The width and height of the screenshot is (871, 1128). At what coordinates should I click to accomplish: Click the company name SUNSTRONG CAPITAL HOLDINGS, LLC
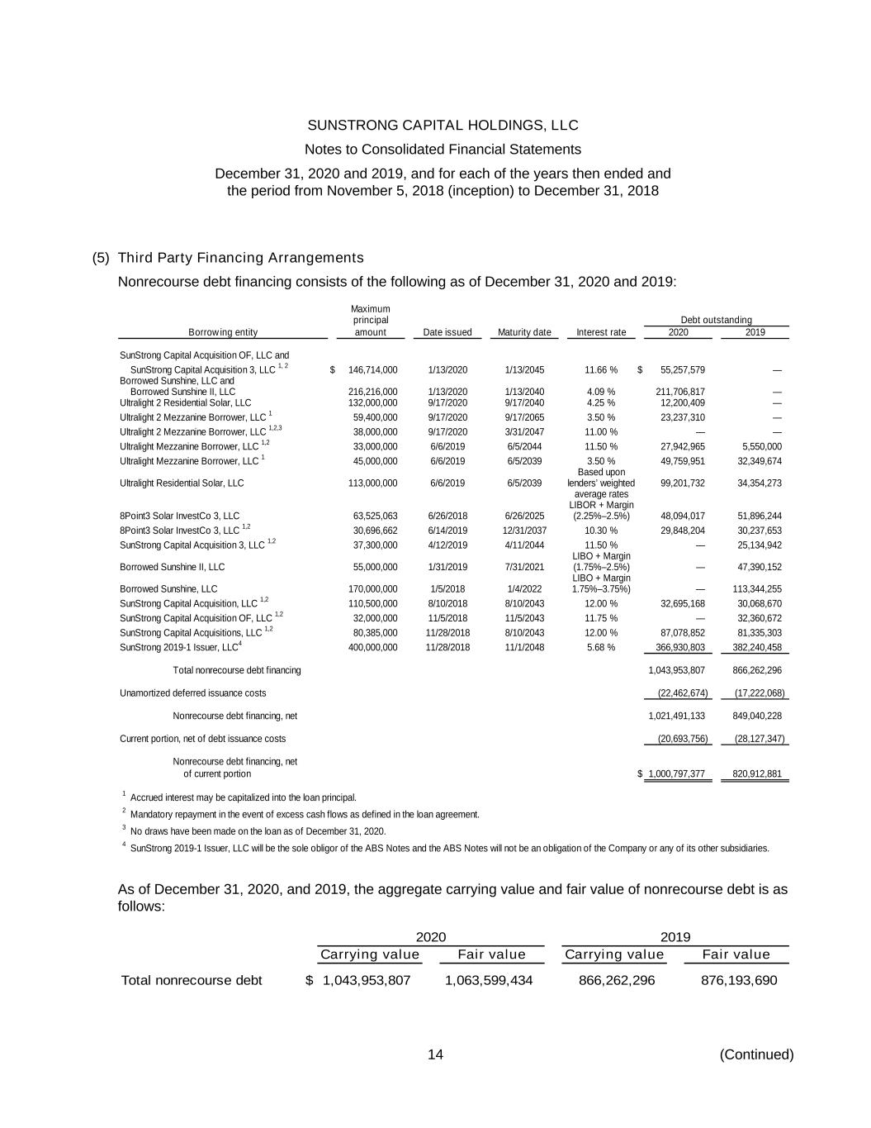(x=443, y=126)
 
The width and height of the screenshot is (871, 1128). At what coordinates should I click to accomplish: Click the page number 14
(x=435, y=1054)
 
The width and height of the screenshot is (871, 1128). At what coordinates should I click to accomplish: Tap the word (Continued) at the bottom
(x=756, y=1054)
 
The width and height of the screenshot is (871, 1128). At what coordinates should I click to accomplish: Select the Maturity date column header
(x=524, y=332)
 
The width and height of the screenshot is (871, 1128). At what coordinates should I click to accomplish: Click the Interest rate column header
(x=601, y=332)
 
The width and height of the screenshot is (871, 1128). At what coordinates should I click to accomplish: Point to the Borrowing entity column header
(x=223, y=332)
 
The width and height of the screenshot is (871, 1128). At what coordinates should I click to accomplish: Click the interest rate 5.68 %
(x=601, y=647)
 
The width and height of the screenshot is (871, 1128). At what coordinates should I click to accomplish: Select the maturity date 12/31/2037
(x=524, y=531)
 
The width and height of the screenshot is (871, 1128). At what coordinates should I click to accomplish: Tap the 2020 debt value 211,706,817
(x=680, y=392)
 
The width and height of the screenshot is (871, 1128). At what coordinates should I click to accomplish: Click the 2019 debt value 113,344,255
(x=757, y=589)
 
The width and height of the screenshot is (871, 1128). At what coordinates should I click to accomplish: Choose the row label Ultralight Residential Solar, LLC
(x=182, y=483)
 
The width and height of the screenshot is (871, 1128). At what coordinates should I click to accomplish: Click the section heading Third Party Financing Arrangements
(x=241, y=258)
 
